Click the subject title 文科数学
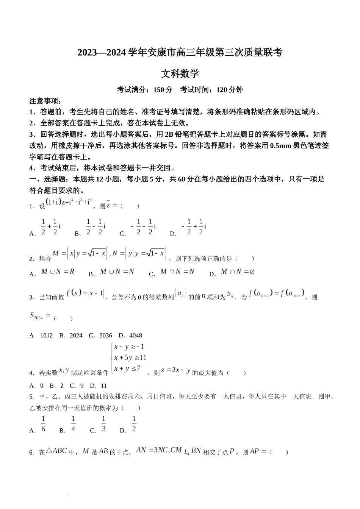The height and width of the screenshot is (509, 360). point(180,73)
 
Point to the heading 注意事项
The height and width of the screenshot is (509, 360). point(45,101)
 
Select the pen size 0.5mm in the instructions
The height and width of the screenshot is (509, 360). point(281,146)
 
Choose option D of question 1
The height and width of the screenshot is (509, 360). point(193,227)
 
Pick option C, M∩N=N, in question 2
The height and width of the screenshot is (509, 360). point(177,272)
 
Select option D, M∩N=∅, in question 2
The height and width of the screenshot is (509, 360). point(238,272)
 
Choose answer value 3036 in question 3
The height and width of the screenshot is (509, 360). point(106,336)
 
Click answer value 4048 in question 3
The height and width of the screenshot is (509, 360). point(136,336)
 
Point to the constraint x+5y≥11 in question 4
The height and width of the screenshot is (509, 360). point(130,358)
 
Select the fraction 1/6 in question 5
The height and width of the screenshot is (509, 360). point(43,424)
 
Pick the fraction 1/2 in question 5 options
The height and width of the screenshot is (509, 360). point(134,424)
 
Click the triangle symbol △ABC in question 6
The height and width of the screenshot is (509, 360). point(56,451)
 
